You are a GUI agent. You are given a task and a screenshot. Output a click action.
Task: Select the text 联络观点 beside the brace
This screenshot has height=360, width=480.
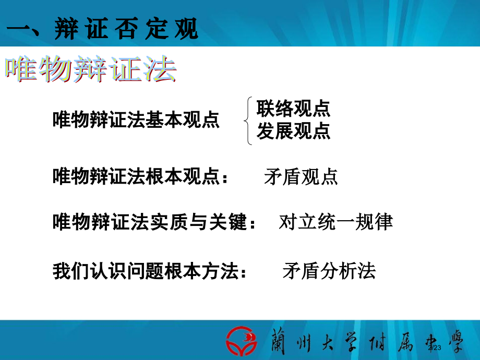(293, 109)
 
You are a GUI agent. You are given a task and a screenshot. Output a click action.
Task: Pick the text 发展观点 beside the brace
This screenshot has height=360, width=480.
(293, 131)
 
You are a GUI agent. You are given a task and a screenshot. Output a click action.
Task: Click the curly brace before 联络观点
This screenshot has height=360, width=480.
(248, 121)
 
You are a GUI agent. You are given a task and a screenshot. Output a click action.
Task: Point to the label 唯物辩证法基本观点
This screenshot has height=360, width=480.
(136, 121)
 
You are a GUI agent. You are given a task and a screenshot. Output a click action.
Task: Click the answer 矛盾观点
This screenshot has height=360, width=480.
(301, 177)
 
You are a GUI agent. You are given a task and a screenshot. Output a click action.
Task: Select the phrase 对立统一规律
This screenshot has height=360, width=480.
(336, 223)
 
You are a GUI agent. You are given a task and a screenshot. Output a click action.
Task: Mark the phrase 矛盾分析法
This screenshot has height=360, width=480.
(329, 271)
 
